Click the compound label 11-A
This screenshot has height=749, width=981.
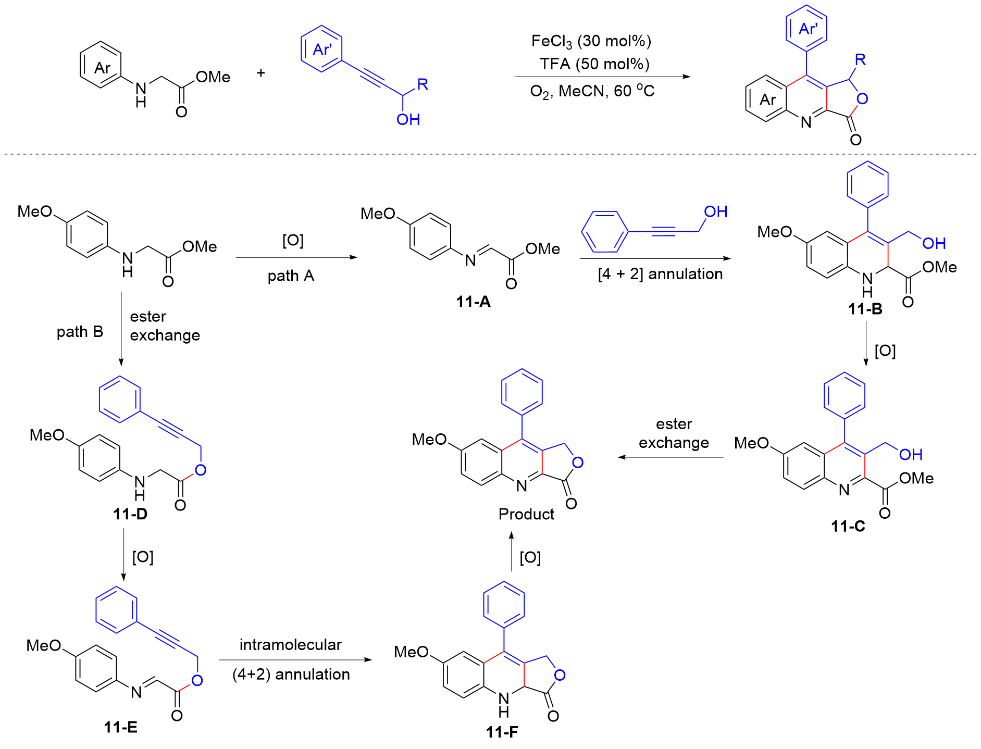point(473,302)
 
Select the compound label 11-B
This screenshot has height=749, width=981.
point(865,309)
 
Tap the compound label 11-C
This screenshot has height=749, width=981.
point(848,526)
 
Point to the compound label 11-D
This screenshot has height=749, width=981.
point(130,514)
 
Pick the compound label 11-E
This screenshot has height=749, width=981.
point(120,727)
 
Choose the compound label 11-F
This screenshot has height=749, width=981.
point(502,732)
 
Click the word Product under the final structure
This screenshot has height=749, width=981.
point(526,514)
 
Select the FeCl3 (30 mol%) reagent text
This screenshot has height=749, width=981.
point(591,41)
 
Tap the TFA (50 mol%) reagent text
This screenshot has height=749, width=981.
point(594,64)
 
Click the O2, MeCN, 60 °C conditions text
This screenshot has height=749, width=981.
point(592,92)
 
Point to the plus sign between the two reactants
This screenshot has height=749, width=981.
point(261,73)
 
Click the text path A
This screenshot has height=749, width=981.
point(291,276)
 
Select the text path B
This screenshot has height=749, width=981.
point(80,332)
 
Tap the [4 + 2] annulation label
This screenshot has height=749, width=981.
point(660,274)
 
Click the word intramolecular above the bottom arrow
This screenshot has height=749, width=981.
point(290,645)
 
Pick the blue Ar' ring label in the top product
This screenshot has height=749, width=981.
point(807,29)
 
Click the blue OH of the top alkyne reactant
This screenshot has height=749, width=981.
point(408,120)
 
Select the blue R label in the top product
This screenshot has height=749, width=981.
point(860,60)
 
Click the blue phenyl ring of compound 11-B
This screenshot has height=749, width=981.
point(867,184)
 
